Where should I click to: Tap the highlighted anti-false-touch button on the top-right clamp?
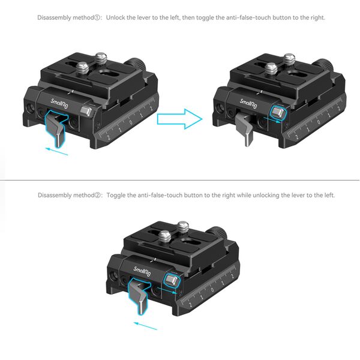tap(277, 112)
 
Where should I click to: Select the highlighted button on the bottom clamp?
tap(172, 280)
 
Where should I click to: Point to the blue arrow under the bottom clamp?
tap(145, 326)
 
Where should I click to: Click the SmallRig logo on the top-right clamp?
tap(249, 103)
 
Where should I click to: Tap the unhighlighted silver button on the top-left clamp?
tap(89, 111)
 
